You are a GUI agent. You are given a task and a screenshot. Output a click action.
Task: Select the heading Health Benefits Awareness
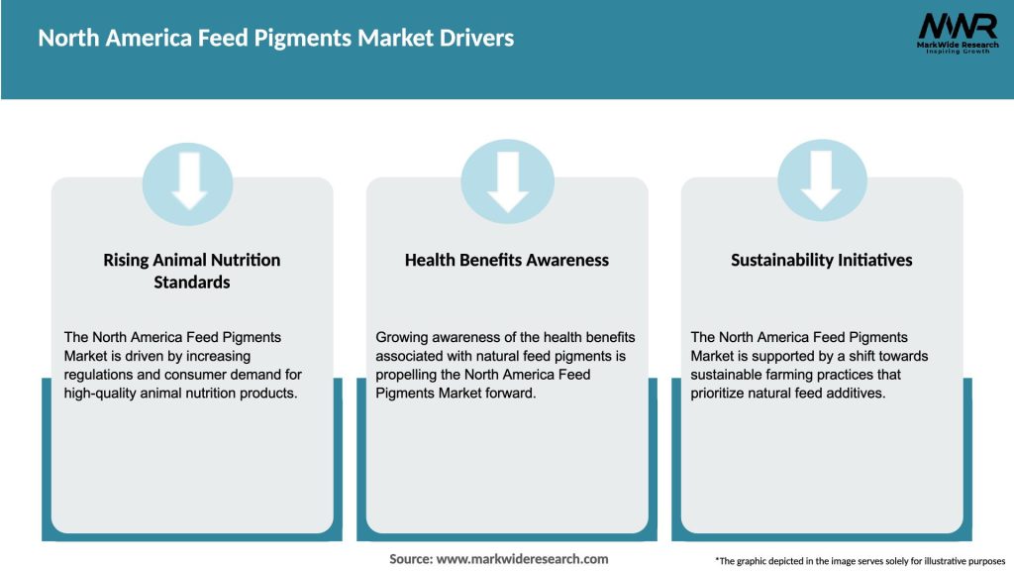coord(507,260)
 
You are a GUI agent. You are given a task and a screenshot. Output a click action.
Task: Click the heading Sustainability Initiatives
coord(822,260)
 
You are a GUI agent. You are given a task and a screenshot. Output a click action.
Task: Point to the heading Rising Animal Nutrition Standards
coord(192,271)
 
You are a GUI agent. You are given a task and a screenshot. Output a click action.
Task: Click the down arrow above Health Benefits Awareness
coord(507,180)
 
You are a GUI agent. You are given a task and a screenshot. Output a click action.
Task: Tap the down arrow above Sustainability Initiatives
coord(822,180)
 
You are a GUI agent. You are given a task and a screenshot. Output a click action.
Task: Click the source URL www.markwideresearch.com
coord(522,559)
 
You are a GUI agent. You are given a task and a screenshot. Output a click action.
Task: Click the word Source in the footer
coord(410,559)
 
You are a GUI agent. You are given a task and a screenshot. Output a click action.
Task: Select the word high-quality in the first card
coord(100,394)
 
